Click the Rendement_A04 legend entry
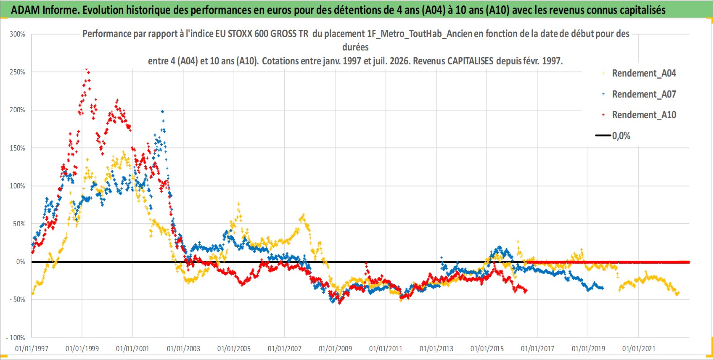coord(639,73)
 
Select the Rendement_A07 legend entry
coord(639,94)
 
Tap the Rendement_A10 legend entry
coord(639,115)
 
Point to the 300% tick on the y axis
coord(17,34)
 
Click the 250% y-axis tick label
coord(17,72)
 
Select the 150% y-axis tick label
coord(17,148)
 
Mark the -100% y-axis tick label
coord(15,338)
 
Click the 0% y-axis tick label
coord(21,262)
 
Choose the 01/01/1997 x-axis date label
coord(32,349)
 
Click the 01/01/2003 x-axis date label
coord(183,349)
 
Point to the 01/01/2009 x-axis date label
coord(335,349)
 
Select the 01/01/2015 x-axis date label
coord(487,349)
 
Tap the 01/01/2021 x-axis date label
coord(639,349)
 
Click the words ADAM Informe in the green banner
coord(45,10)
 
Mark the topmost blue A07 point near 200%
coord(163,111)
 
